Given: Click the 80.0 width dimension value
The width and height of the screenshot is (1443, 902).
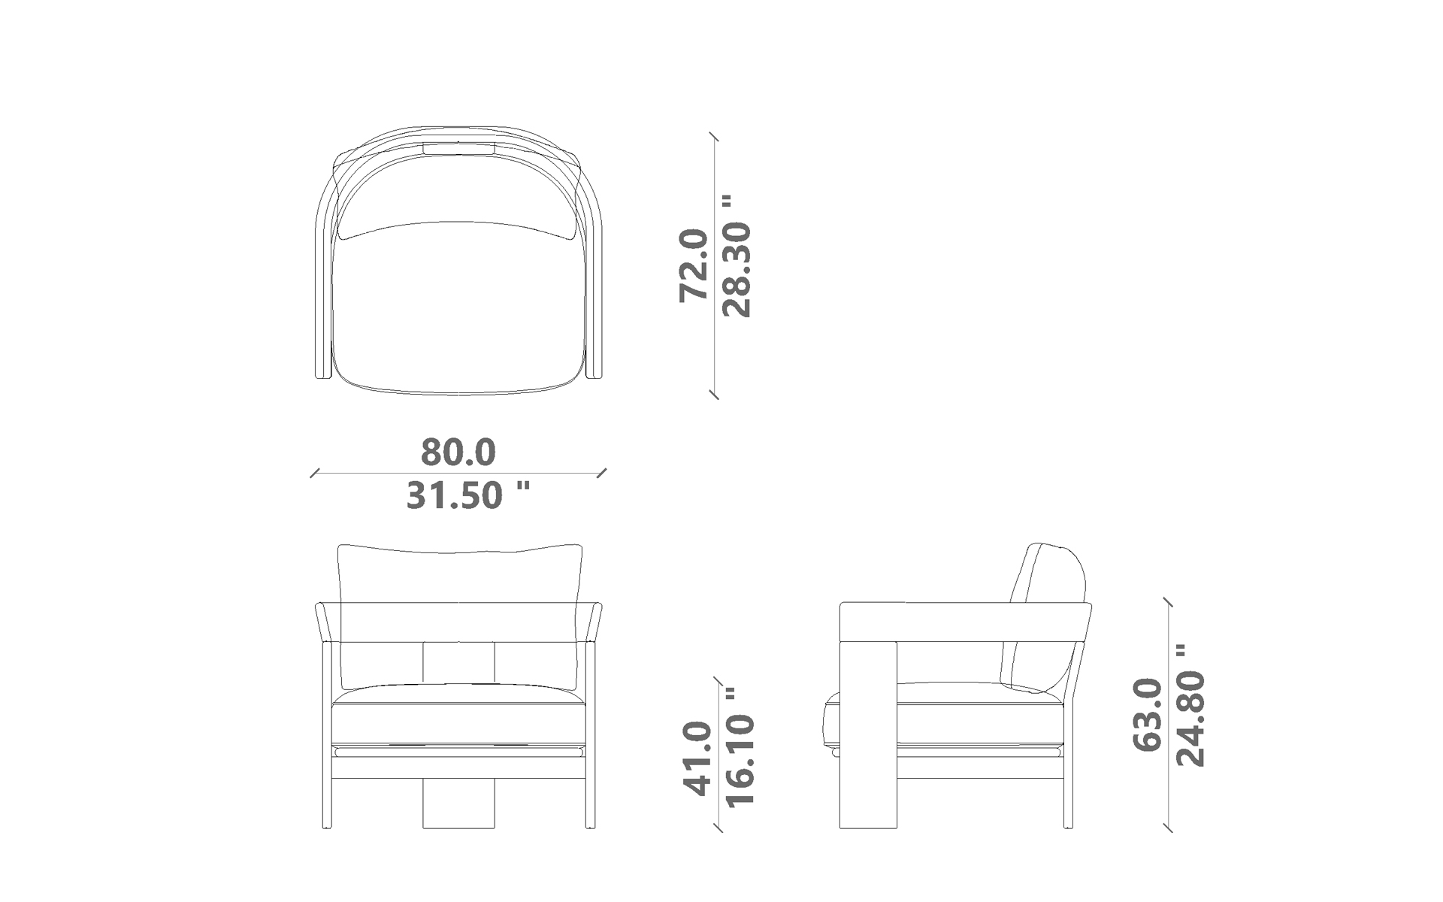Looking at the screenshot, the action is (458, 453).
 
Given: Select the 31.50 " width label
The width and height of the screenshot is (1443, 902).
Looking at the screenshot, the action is (468, 495).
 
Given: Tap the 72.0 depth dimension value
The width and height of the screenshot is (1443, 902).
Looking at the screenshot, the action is (693, 265).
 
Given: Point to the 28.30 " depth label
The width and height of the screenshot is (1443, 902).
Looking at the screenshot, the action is (736, 256).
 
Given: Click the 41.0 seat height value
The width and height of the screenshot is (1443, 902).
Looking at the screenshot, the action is (697, 759).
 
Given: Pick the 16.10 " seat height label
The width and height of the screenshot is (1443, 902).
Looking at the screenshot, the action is (740, 746).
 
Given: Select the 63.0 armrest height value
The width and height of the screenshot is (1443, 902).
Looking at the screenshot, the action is (1147, 714).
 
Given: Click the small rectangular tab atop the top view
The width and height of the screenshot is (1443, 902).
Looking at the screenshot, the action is (458, 148).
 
